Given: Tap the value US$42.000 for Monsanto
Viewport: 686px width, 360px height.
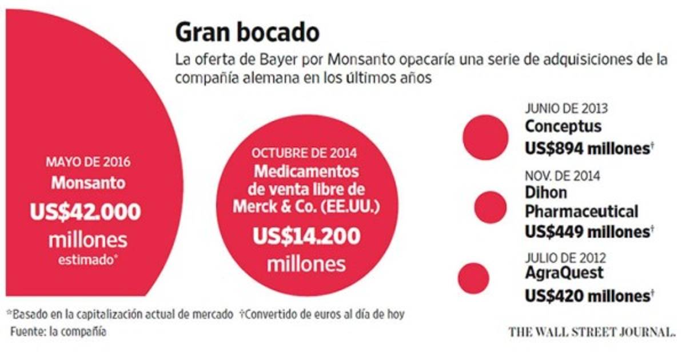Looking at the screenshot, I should (85, 213).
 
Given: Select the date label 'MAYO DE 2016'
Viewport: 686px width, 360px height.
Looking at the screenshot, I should (87, 162).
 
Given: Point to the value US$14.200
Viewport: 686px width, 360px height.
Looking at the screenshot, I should (306, 237).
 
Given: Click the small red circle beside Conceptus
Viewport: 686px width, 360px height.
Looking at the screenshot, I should (485, 137).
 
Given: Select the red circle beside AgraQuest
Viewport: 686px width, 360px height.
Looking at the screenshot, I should (474, 278).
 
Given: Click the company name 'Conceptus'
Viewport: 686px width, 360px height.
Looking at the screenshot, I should (563, 126).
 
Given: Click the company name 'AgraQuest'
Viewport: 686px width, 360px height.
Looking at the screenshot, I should (564, 273).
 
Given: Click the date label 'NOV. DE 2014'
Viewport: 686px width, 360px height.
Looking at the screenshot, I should (563, 177).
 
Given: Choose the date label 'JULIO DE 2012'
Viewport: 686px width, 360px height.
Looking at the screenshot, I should (565, 257).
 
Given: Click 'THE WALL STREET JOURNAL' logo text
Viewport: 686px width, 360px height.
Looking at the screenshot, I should (592, 331).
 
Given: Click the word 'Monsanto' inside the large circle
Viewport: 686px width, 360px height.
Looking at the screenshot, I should (87, 183).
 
